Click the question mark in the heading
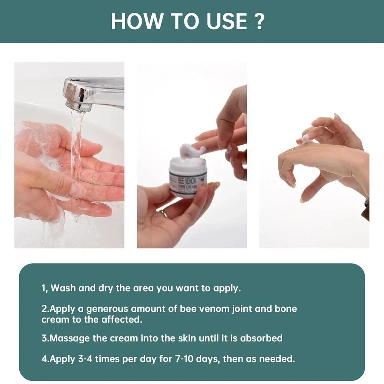click(257, 21)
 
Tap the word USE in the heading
click(227, 21)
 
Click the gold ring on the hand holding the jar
click(163, 213)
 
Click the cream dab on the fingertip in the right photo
click(306, 139)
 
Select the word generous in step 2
click(108, 309)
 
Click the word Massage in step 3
click(70, 339)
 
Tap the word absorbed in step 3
click(261, 338)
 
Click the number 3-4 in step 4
click(85, 359)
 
